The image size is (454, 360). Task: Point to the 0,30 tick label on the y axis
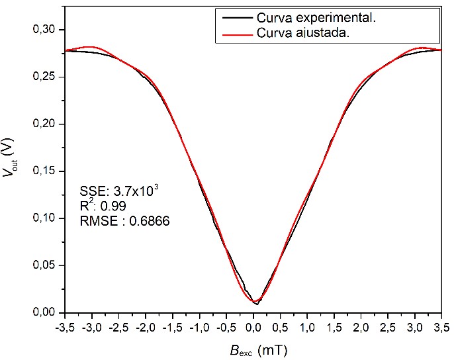tap(47, 30)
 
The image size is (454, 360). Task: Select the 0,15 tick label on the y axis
tap(47, 171)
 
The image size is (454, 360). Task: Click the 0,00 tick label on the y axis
tap(47, 312)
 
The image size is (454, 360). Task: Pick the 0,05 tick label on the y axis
tap(47, 265)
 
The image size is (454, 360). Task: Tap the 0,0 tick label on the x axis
tap(254, 327)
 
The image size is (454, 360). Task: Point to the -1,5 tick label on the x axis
tap(172, 327)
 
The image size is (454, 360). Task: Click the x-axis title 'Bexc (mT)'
tap(254, 348)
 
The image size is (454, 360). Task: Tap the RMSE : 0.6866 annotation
tap(124, 222)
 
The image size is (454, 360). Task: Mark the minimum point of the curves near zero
tap(255, 302)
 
